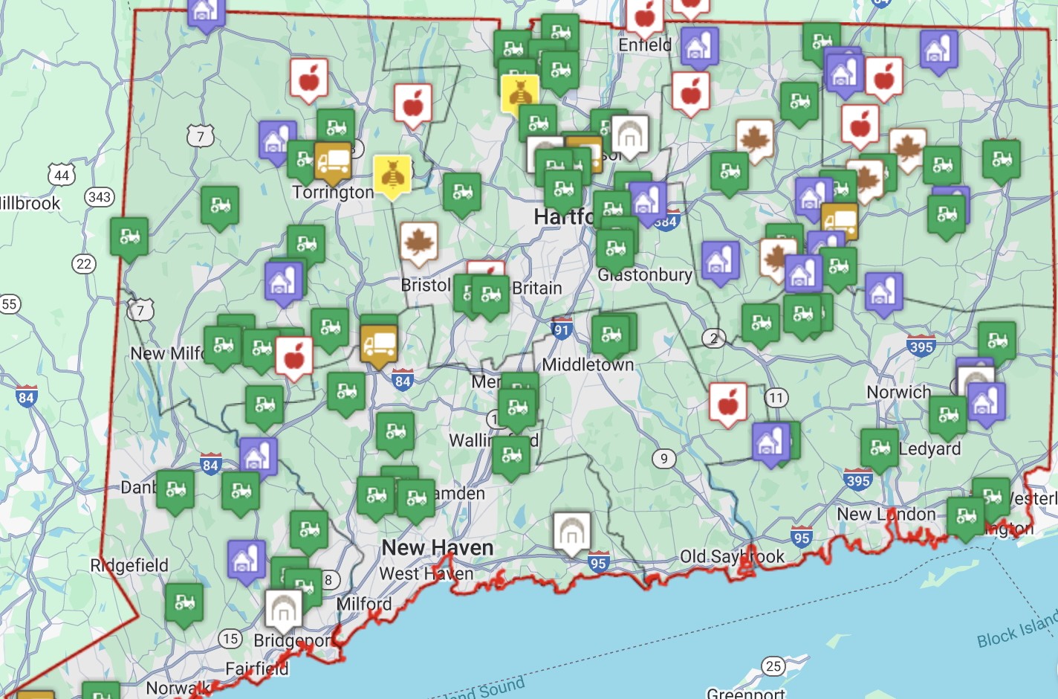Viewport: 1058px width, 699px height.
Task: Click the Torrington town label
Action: (332, 193)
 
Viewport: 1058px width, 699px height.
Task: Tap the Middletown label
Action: (588, 365)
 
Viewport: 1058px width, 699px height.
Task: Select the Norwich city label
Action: (898, 392)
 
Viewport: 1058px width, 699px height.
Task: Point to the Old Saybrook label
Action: (732, 556)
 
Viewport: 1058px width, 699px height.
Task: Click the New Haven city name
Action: (437, 548)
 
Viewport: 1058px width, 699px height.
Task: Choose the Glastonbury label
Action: (645, 275)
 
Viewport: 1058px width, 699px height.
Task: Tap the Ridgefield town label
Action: (129, 565)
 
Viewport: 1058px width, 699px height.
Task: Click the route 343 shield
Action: (100, 197)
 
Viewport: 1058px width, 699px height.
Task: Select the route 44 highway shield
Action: (62, 175)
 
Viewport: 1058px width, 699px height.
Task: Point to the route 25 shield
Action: (773, 666)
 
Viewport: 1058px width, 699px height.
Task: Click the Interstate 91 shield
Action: (562, 330)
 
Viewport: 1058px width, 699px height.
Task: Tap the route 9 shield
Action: (664, 459)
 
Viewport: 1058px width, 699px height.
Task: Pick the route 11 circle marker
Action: (776, 398)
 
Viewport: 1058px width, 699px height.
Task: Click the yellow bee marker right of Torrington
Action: (392, 175)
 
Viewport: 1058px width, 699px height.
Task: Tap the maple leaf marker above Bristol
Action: (418, 242)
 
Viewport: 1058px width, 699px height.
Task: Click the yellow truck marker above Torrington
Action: (332, 161)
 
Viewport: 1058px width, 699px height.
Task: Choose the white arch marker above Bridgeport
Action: (283, 609)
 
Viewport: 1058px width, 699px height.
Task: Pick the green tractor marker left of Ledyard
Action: (880, 448)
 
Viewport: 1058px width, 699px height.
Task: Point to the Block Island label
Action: (1016, 628)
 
